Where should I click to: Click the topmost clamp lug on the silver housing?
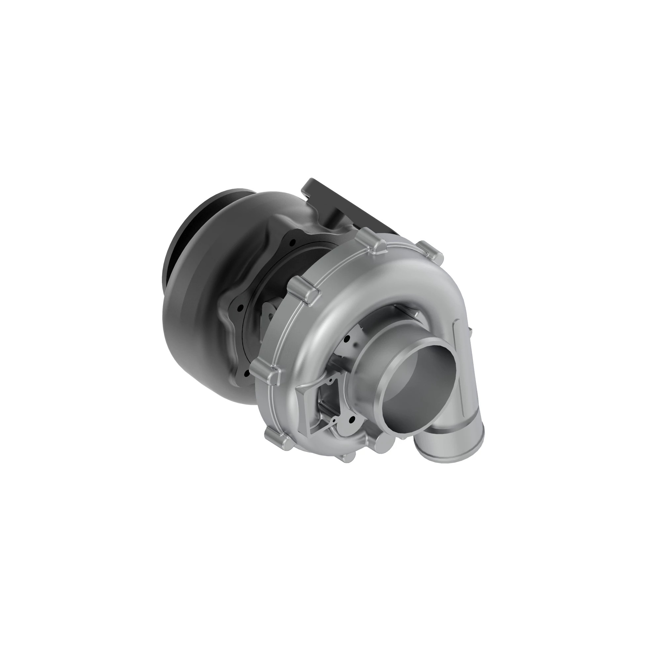coord(373,240)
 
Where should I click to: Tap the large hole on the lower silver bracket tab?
coord(350,418)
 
